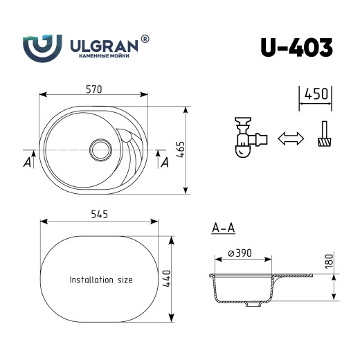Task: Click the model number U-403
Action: [297, 46]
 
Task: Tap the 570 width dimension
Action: [94, 89]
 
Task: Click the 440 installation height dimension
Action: [167, 278]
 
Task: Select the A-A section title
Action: [223, 227]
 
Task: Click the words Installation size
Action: [101, 280]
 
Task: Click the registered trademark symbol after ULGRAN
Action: [145, 39]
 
